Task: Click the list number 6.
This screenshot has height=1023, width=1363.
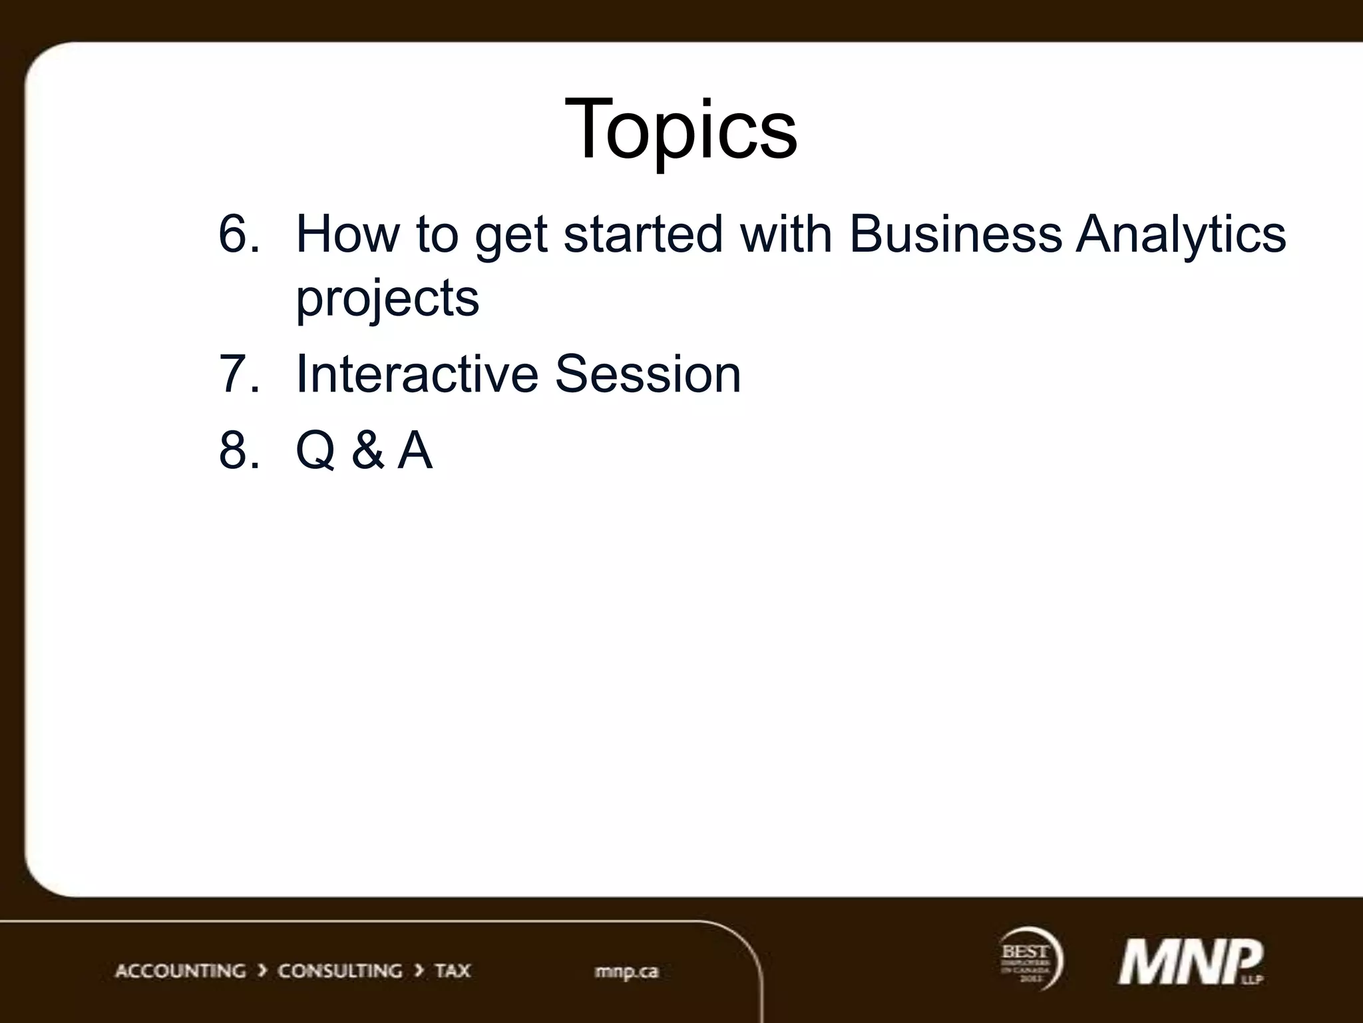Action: point(237,234)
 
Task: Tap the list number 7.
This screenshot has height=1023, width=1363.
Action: point(237,374)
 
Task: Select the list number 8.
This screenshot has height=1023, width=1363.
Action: point(237,450)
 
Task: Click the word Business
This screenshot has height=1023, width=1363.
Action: point(956,234)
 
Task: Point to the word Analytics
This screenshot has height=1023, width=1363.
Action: point(1181,235)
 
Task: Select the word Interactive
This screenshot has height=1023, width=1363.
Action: point(417,374)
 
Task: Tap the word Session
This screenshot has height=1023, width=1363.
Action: point(648,374)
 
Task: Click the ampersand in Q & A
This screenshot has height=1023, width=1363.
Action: point(367,450)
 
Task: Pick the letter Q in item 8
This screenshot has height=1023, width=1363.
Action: point(315,451)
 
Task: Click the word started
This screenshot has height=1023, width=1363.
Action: point(643,234)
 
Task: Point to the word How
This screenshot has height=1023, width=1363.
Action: point(347,234)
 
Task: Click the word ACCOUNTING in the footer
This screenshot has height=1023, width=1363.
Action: point(180,970)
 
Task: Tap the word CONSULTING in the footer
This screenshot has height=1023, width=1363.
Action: point(339,970)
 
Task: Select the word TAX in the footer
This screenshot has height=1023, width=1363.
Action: point(453,970)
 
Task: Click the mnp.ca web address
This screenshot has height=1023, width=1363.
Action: point(626,971)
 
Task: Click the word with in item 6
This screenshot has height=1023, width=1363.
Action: point(786,234)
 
